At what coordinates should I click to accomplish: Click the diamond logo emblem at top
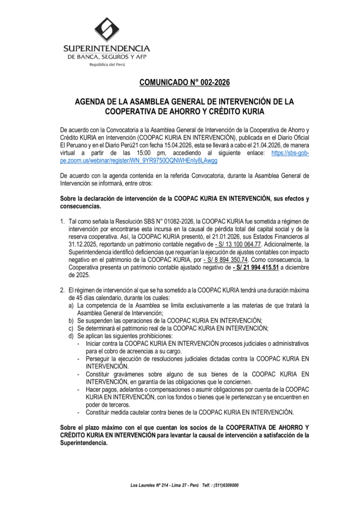coord(107,29)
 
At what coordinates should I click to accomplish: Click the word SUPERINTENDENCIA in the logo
coord(106,48)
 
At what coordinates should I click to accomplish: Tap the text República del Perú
coord(107,65)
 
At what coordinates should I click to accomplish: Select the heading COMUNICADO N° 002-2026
coord(184,82)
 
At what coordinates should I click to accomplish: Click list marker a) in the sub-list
coord(72,305)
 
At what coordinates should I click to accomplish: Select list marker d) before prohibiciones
coord(72,336)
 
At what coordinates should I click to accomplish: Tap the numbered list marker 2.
coord(63,290)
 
